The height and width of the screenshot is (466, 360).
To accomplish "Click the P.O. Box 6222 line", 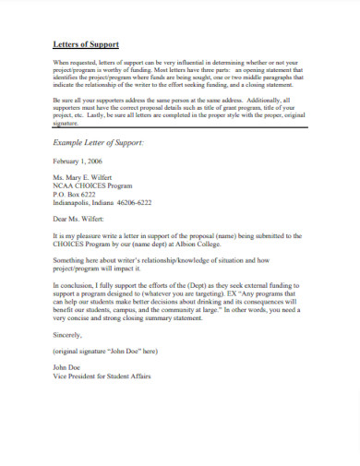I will (x=74, y=196).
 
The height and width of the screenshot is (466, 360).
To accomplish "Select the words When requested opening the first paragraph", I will (x=73, y=62).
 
